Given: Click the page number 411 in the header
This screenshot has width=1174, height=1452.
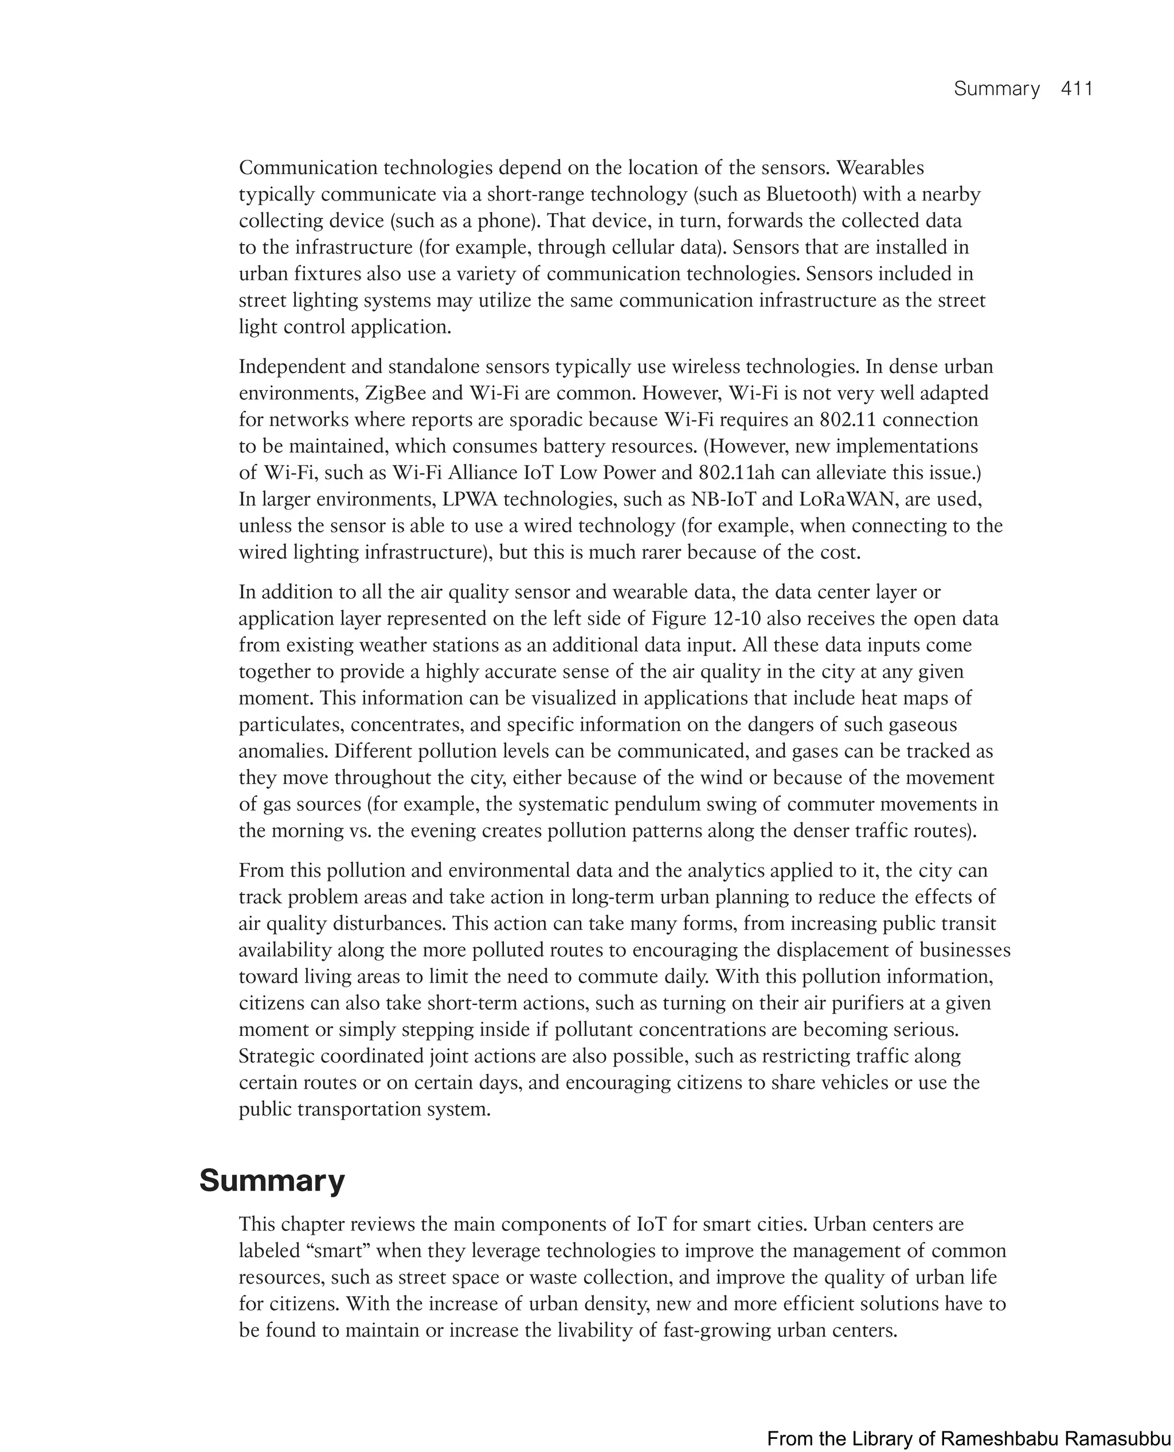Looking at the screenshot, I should click(1077, 89).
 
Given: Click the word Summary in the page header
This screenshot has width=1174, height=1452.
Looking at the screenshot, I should click(996, 89).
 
